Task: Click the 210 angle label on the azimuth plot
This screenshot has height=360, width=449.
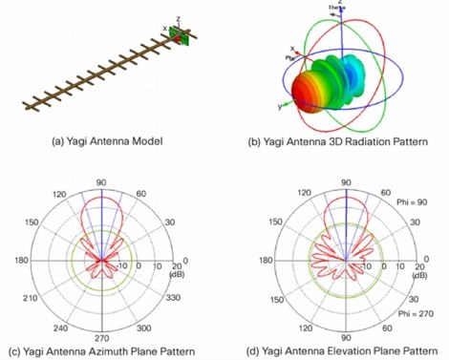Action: click(37, 297)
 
